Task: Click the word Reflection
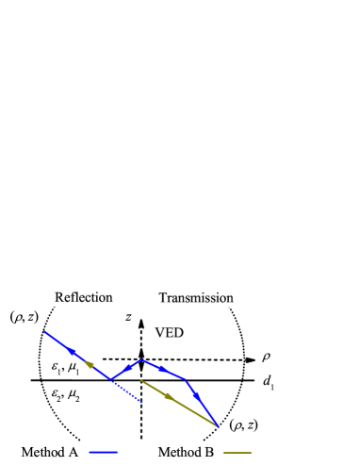pos(83,297)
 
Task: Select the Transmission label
pos(196,298)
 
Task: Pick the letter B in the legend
pos(209,452)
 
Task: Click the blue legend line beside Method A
pos(105,453)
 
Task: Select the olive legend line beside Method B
pos(238,453)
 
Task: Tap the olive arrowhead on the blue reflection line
pos(90,364)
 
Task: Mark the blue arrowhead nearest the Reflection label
pos(72,351)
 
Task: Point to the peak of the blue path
pos(141,359)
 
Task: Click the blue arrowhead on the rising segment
pos(128,367)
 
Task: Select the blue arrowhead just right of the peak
pos(161,368)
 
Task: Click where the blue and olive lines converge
pos(218,425)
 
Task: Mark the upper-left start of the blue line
pos(44,331)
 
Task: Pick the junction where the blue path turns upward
pos(111,379)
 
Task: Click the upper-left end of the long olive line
pos(141,381)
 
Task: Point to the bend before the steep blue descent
pos(186,379)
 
